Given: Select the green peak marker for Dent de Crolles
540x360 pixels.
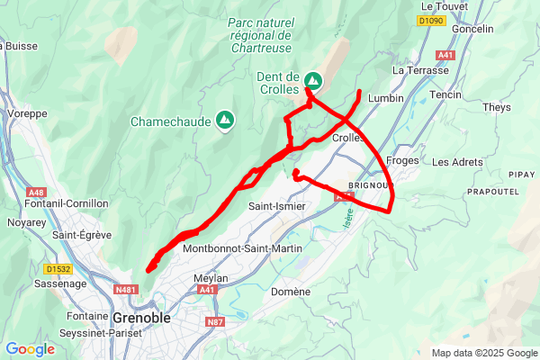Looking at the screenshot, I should click(x=313, y=79).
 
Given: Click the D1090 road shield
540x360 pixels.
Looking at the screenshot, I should click(x=432, y=19).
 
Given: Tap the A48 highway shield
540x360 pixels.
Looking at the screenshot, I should click(x=36, y=193).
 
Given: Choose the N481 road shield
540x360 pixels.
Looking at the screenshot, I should click(x=126, y=289).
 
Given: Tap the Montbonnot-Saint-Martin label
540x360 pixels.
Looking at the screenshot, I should click(x=240, y=247).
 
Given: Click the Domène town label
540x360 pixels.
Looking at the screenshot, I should click(x=291, y=292).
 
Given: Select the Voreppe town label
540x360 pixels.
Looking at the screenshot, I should click(x=27, y=114).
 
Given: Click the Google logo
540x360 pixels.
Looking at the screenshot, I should click(x=30, y=349).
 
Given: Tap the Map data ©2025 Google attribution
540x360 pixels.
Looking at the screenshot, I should click(x=483, y=353).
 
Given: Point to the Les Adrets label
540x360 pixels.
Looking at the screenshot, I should click(x=457, y=162).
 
